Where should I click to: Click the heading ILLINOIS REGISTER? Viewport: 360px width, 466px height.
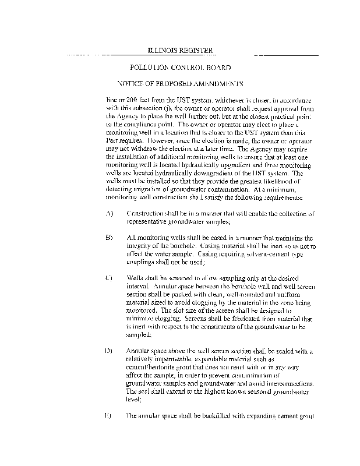179,51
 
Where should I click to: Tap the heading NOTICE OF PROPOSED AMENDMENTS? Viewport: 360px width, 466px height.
180,83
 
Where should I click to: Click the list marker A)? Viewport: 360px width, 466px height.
109,214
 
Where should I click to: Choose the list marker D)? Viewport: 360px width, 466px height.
109,351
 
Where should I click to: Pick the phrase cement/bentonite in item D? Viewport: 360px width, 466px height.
154,368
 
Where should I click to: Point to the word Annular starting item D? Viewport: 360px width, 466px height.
140,351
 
